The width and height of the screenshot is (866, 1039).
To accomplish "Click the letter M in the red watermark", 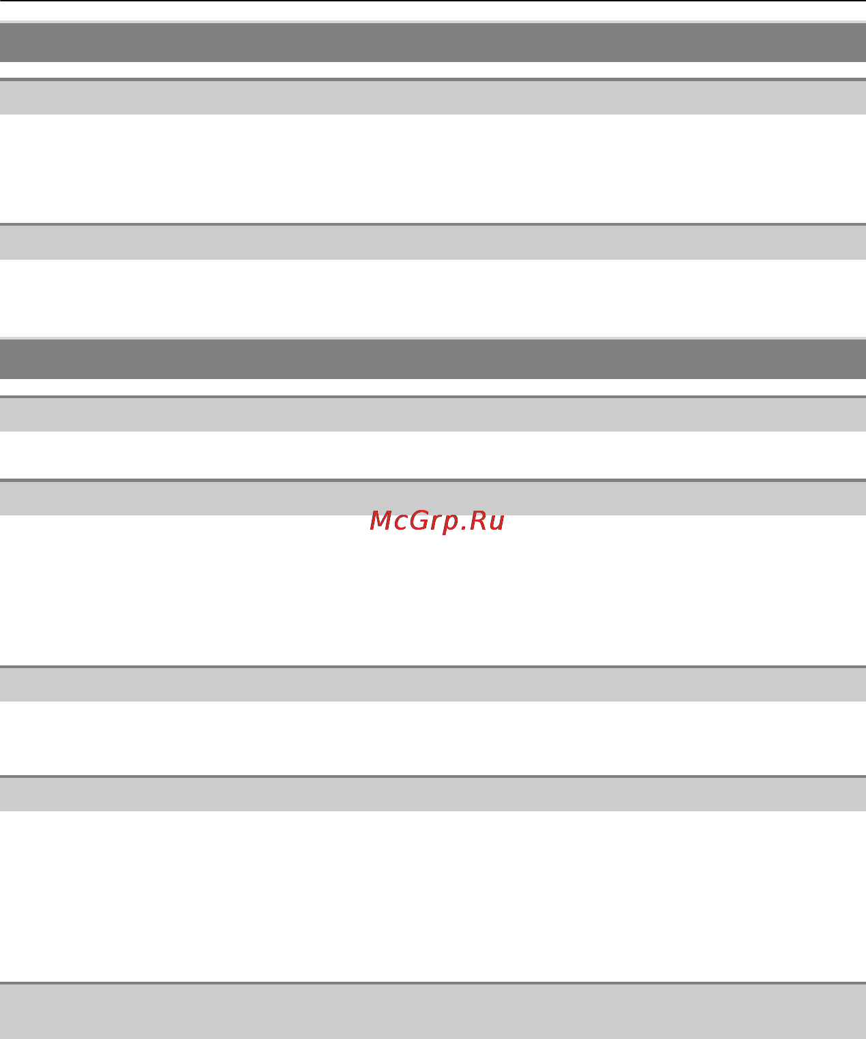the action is (380, 520).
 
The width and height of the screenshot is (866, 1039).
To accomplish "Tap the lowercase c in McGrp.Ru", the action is (401, 523).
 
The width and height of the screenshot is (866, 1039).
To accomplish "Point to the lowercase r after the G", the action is (436, 523).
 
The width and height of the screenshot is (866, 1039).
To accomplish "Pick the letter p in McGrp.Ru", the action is (451, 525).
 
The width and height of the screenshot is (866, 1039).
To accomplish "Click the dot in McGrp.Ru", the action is (464, 528).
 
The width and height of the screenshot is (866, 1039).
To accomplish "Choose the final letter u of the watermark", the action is (497, 523).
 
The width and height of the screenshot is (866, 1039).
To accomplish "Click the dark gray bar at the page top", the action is (433, 42).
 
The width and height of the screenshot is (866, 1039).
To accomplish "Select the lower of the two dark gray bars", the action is (433, 359).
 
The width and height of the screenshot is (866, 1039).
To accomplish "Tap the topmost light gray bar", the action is (433, 97).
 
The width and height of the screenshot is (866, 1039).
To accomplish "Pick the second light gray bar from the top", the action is (433, 242).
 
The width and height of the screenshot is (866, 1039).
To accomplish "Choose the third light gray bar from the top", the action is (433, 415).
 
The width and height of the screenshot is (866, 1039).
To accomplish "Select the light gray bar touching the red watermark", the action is (433, 498).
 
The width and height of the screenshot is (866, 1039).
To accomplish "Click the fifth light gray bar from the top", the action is (433, 684).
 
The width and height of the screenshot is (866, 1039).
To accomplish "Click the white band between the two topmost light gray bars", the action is (433, 168).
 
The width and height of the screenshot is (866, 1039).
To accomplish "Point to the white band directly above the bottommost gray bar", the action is (433, 897).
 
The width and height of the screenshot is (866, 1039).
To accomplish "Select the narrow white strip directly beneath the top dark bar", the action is (433, 70).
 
